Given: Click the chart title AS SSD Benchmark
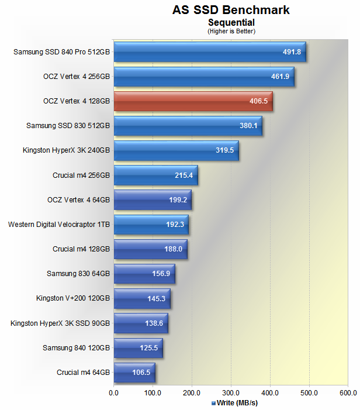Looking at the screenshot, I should tap(231, 10).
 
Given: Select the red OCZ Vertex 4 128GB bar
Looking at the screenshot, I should tap(193, 101).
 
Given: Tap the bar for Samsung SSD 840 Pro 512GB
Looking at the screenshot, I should tap(209, 52).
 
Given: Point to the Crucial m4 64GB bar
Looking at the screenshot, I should tap(134, 372).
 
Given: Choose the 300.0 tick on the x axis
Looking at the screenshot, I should tap(231, 392).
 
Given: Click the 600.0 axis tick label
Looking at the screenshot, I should tap(348, 392).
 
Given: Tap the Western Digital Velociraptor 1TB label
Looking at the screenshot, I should tap(59, 224).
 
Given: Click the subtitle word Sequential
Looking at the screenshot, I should tap(231, 22).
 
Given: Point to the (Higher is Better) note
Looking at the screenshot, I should tap(231, 31).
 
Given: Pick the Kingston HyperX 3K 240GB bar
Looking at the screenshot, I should tap(176, 150).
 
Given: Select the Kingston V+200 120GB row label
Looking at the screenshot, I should tap(73, 298).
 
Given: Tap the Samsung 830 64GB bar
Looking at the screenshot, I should tap(144, 274).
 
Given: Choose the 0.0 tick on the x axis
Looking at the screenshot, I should tap(114, 392).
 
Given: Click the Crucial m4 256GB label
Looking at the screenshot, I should tap(81, 175).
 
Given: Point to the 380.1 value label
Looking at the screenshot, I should tap(248, 126).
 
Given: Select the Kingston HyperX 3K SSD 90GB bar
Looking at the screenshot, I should tap(140, 323).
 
